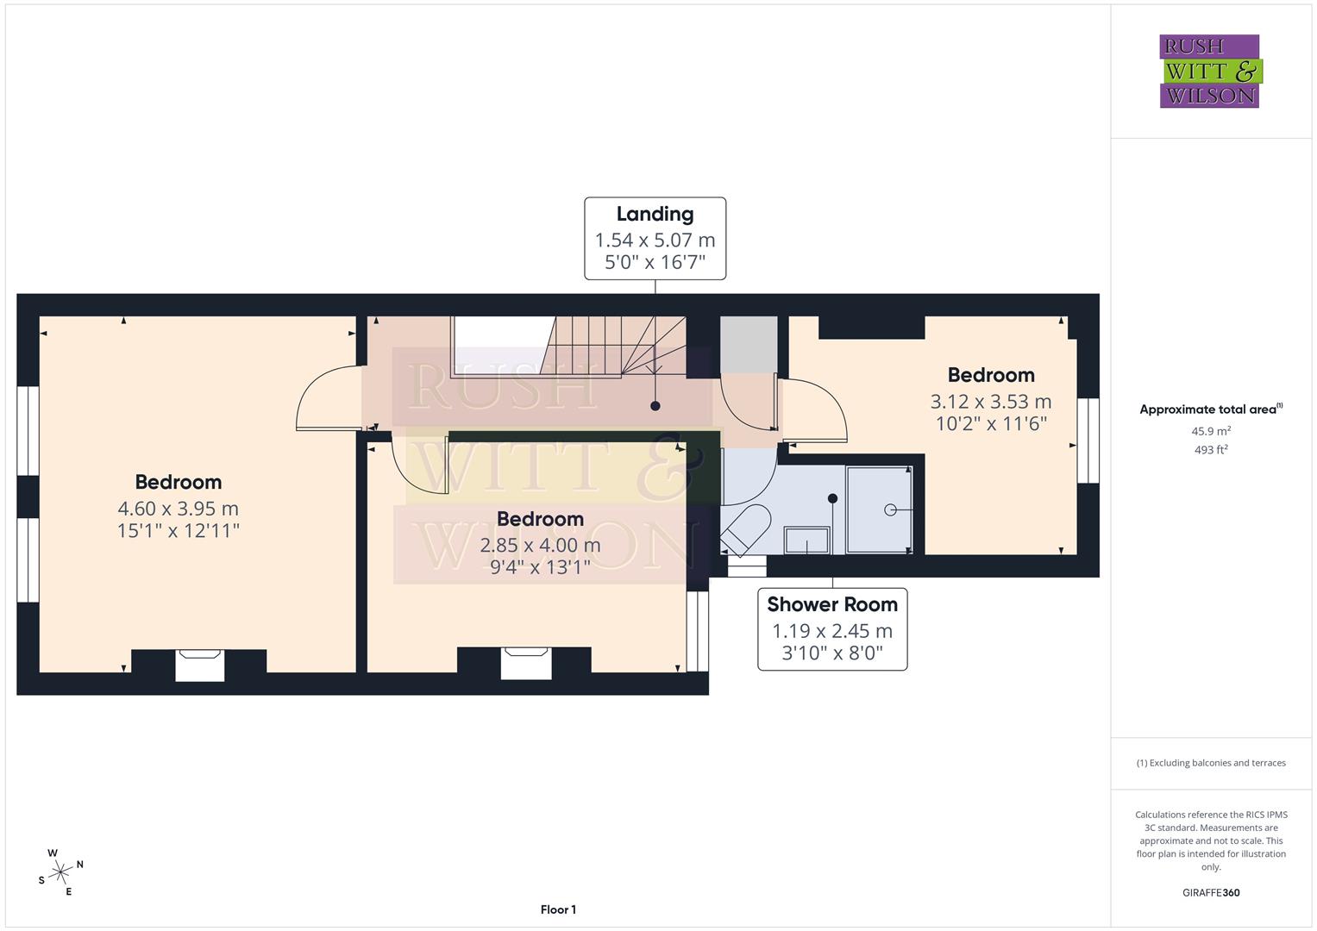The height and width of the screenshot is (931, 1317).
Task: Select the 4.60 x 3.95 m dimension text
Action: pos(178,509)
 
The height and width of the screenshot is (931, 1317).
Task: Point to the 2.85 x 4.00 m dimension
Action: pos(540,545)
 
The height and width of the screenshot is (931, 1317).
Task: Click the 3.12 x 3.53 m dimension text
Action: pos(990,401)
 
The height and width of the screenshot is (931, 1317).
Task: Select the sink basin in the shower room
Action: pos(806,540)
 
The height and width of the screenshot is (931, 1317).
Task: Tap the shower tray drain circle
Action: pos(890,510)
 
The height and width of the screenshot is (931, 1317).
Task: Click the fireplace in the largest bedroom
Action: pos(200,665)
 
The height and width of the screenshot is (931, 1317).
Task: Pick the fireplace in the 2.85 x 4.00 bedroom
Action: pos(526,663)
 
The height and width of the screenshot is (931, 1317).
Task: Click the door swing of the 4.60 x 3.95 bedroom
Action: pos(326,398)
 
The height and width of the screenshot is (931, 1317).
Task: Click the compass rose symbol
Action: pos(60,872)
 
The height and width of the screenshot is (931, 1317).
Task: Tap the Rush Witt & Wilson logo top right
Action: pos(1209,72)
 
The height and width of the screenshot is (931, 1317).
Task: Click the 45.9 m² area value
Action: pos(1210,431)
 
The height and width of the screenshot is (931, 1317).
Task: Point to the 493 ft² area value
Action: pos(1210,449)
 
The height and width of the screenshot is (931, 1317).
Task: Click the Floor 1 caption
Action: pos(558,909)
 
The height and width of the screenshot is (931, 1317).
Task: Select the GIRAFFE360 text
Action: pos(1210,892)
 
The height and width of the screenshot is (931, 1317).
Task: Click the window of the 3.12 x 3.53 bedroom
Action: pos(1088,440)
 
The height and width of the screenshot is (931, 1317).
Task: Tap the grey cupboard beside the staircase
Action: pos(749,345)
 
